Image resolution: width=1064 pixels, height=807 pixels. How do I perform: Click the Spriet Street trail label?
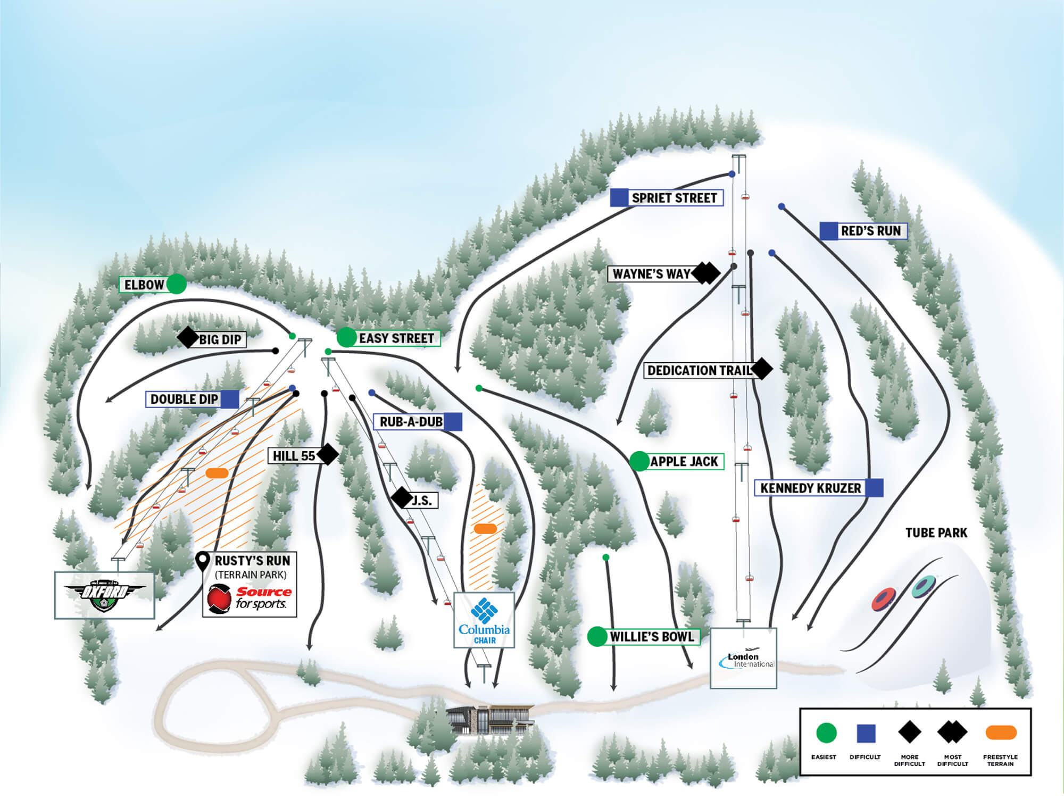pos(674,198)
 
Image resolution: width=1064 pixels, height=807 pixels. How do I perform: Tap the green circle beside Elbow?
pos(176,284)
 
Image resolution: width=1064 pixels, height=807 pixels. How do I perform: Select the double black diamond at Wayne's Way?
pos(706,273)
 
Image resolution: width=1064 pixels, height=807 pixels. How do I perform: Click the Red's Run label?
pos(870,231)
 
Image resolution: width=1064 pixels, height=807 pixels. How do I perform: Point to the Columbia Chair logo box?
pos(484,620)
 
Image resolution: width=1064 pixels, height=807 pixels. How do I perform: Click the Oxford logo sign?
pos(104,595)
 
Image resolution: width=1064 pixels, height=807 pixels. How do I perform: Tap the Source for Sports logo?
pos(249,598)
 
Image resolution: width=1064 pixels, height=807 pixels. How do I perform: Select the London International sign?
pos(743,658)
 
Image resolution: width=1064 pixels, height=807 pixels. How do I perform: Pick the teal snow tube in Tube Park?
pos(924,586)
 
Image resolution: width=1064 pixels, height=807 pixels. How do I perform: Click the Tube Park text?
pos(936,533)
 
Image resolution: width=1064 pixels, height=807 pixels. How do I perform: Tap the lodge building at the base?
pos(490,720)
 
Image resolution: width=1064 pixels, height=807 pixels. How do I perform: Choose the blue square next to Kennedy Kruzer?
pos(874,488)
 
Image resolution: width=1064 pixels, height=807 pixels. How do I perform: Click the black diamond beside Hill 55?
pos(328,454)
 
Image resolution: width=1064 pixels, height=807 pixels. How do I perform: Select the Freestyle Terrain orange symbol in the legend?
pos(1001,733)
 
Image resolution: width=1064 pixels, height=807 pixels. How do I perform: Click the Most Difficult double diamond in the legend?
pos(952,733)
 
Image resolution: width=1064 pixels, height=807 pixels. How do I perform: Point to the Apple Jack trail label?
pos(684,461)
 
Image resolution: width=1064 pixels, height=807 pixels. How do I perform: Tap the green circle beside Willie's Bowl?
pos(597,637)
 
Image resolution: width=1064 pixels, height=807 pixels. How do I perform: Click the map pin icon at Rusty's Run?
pos(203,560)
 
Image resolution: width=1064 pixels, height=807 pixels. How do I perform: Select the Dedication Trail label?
pos(699,370)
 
